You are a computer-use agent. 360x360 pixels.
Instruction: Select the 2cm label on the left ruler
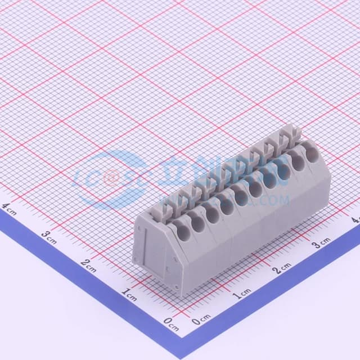(89, 263)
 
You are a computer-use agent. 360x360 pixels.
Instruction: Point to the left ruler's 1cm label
(129, 292)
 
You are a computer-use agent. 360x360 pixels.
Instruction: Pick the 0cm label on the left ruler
(170, 322)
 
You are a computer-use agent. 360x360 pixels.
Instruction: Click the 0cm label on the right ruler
(200, 321)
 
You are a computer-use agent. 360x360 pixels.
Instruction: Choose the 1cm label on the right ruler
(242, 293)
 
